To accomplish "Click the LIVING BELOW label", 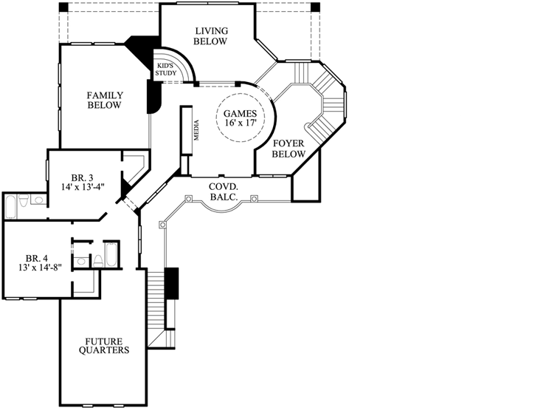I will [210, 36].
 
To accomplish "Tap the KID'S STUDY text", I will [165, 69].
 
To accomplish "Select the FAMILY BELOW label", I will [104, 101].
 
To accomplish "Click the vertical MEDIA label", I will [196, 131].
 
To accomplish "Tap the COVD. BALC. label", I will [221, 191].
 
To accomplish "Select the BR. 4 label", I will [36, 258].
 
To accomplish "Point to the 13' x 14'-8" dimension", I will [36, 268].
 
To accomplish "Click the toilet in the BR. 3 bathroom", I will [24, 200].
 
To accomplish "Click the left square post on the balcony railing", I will [189, 198].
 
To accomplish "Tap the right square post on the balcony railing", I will [254, 198].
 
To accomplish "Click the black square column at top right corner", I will [316, 7].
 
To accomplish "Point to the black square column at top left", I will [63, 7].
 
